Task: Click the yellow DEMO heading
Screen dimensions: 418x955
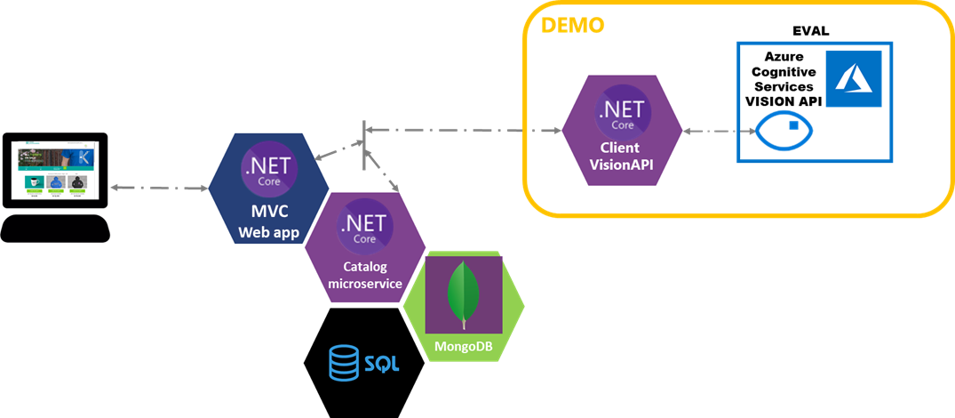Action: point(573,25)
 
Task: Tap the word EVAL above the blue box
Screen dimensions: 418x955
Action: point(810,31)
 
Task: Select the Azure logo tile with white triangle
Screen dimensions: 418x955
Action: point(852,79)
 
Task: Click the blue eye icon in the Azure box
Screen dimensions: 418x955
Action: point(784,136)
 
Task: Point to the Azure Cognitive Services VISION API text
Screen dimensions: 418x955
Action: point(780,78)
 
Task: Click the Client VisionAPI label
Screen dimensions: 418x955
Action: point(621,156)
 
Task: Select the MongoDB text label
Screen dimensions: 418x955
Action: point(464,345)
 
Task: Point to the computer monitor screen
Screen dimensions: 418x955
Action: point(55,171)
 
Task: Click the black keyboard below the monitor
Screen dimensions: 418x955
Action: point(55,229)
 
